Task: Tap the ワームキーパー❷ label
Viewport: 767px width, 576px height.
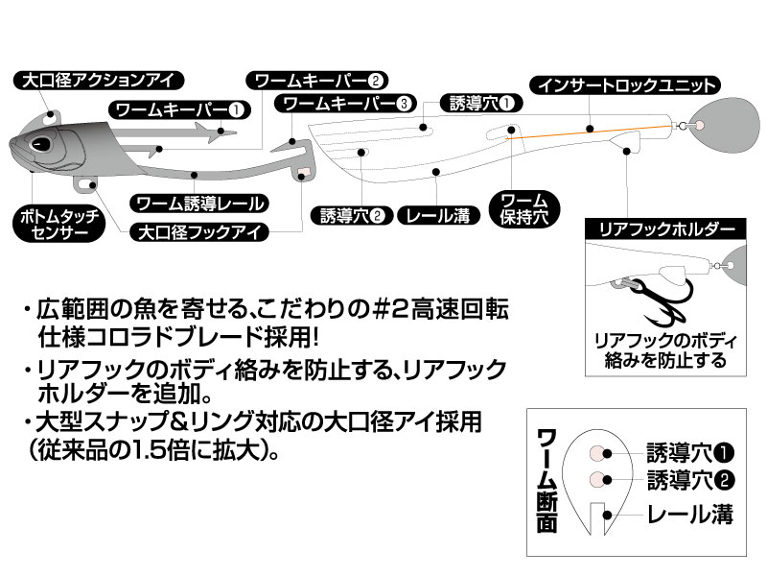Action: [x=317, y=80]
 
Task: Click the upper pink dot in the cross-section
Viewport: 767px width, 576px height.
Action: [x=595, y=451]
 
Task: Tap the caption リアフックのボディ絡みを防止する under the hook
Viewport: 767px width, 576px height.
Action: [x=665, y=350]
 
